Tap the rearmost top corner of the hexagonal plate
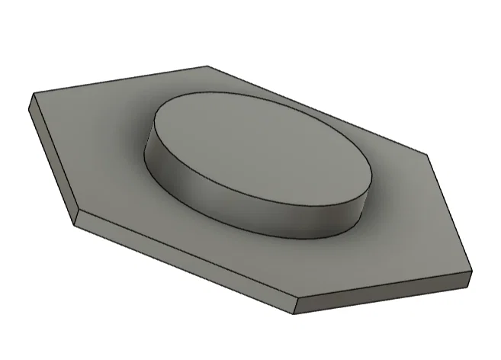[x=207, y=66]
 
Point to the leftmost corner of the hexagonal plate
[x=32, y=95]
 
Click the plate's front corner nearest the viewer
[x=294, y=298]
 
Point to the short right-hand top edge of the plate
[x=450, y=214]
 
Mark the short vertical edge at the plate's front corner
[x=294, y=306]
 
